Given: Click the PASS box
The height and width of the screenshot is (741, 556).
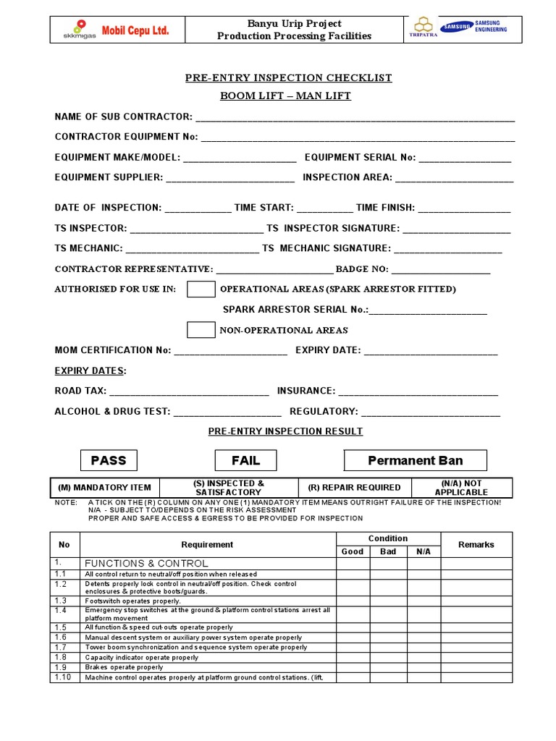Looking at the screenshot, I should pos(108,460).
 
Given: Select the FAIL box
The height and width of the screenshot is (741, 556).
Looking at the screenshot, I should pos(245,460).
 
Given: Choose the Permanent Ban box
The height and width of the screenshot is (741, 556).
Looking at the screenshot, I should pos(415,460).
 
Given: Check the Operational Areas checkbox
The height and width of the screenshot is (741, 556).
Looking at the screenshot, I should pos(201,289).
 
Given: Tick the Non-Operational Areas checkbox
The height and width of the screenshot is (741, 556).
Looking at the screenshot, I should pos(201,329).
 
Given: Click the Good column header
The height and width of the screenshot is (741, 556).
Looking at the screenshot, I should pos(353,551).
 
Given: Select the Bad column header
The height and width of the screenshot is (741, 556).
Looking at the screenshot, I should pos(388,551).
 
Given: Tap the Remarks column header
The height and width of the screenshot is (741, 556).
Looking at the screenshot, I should pos(476,544).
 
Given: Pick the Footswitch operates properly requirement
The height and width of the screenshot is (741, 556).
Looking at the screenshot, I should pos(132,601).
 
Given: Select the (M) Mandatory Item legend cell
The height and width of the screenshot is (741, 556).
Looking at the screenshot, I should pos(104,488).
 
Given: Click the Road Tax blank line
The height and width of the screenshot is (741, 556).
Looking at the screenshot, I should pos(189,391).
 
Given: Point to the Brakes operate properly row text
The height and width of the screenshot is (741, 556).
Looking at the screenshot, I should pos(124,667).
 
